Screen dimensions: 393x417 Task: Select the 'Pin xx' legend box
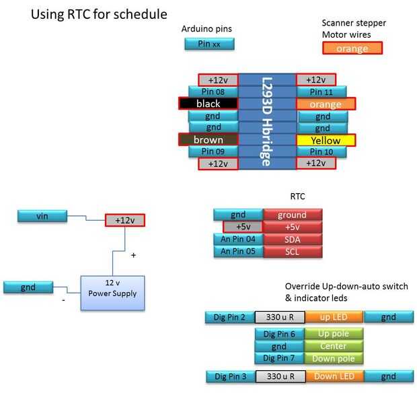coord(209,44)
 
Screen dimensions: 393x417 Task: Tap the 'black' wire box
coord(208,104)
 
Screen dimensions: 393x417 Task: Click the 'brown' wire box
coord(208,140)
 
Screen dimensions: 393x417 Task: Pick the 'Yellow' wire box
coord(326,140)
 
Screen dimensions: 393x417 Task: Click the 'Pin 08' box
coord(213,92)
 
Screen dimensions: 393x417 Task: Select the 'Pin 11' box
coord(321,92)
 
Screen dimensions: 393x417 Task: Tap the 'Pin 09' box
coord(213,151)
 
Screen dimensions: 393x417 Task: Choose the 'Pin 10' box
coord(321,151)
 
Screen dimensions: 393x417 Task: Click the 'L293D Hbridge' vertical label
coord(266,121)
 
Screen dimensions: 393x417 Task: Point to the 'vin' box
coord(42,216)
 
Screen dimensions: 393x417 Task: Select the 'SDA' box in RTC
coord(293,239)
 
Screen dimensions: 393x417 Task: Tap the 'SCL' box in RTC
coord(293,251)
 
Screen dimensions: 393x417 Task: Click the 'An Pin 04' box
coord(238,239)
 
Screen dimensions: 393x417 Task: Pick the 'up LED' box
coord(334,316)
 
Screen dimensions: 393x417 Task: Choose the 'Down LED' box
coord(334,376)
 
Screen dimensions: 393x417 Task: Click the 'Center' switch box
coord(334,346)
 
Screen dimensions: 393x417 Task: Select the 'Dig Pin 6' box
coord(279,334)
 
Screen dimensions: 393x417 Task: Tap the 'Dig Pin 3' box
coord(230,376)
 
